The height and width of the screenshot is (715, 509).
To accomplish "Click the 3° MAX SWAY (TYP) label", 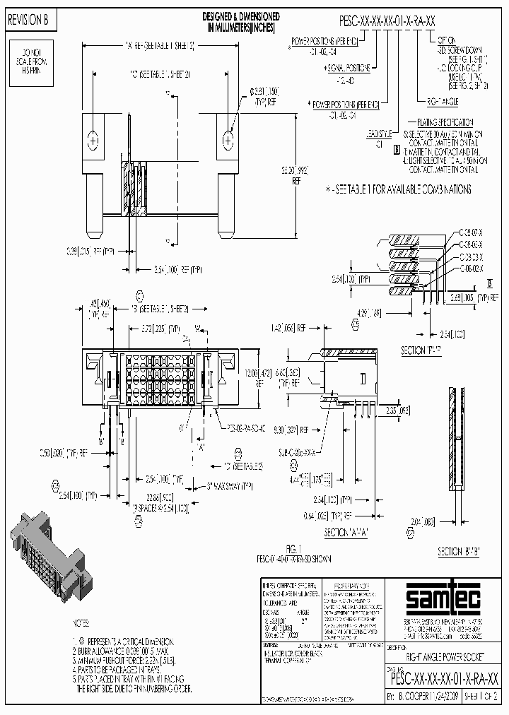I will pos(230,485).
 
